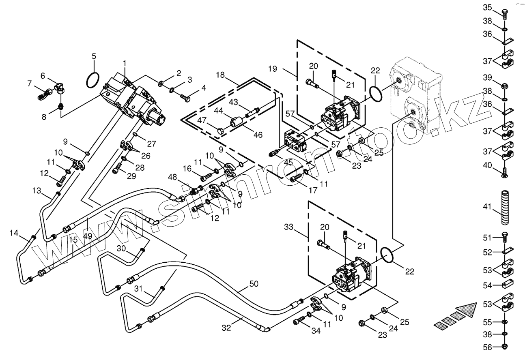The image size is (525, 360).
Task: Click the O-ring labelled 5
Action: tap(93, 80)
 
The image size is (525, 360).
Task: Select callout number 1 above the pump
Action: tap(125, 63)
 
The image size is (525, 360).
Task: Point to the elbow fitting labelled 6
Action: tap(60, 88)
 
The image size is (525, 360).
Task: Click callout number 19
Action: tap(273, 69)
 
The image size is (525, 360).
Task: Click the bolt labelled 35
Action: tap(504, 15)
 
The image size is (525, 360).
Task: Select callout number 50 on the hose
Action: tap(254, 284)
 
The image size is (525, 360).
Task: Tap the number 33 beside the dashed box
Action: tap(289, 227)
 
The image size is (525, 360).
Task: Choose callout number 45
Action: tap(288, 163)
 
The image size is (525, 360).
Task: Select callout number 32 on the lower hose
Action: tap(226, 328)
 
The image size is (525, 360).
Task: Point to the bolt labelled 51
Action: tap(504, 237)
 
